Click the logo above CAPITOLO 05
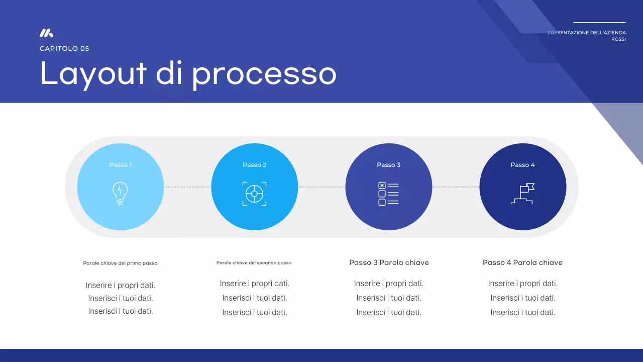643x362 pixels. click(46, 33)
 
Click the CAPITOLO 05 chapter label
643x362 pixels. click(64, 49)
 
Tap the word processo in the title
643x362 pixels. click(264, 73)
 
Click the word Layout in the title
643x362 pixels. click(93, 73)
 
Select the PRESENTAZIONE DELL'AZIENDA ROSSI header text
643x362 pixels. click(587, 36)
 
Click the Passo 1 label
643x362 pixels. click(121, 165)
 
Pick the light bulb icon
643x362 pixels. click(120, 194)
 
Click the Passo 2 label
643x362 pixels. click(255, 165)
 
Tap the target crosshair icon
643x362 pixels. click(255, 194)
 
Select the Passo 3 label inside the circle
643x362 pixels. click(389, 165)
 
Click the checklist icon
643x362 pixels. click(388, 194)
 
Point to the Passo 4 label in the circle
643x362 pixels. click(523, 165)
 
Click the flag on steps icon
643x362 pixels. click(523, 194)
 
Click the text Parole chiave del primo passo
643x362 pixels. click(120, 263)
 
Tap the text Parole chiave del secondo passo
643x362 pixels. click(254, 262)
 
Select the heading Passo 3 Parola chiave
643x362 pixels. click(389, 262)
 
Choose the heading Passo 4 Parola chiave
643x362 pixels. click(522, 262)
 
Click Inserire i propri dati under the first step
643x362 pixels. click(121, 285)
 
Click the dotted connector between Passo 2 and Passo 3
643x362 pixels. click(321, 187)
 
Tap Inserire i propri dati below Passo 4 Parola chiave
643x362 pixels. click(523, 284)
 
